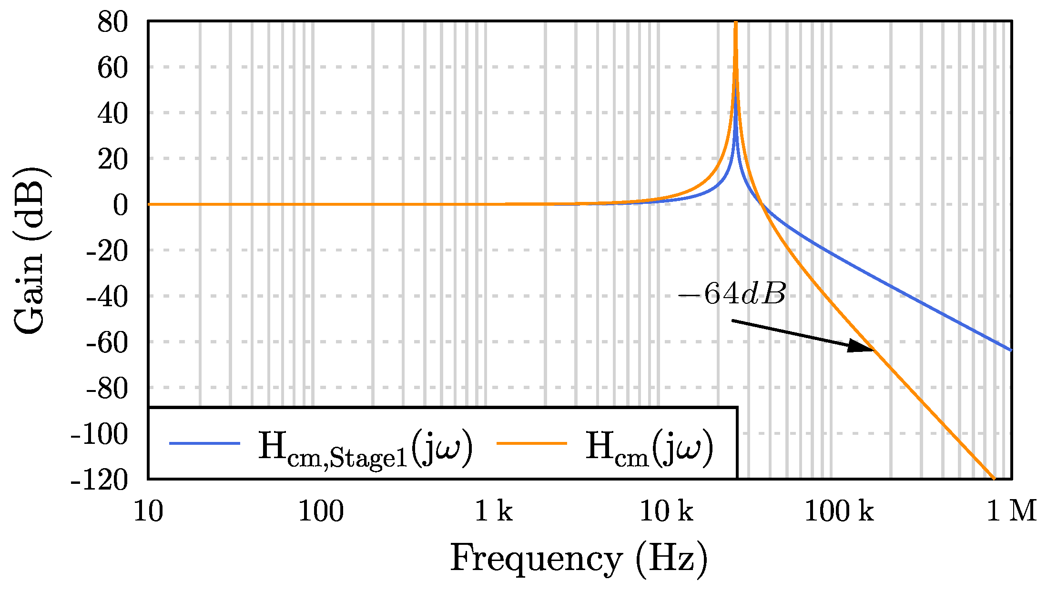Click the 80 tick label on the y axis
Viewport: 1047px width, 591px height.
(112, 22)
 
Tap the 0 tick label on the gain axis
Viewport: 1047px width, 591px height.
(120, 205)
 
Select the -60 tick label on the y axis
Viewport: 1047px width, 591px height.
(107, 342)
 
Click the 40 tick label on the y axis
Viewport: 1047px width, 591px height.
(112, 114)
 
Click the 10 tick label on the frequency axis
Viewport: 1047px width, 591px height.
(148, 511)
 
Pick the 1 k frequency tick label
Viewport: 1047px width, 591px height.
(493, 511)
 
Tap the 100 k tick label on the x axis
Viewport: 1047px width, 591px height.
(839, 511)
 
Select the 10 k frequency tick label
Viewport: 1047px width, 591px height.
(666, 511)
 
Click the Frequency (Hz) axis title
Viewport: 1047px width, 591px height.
(579, 558)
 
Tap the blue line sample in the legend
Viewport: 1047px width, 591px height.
(204, 443)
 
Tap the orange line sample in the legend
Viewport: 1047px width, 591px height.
(531, 443)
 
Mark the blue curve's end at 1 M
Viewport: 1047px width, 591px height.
(1010, 350)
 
